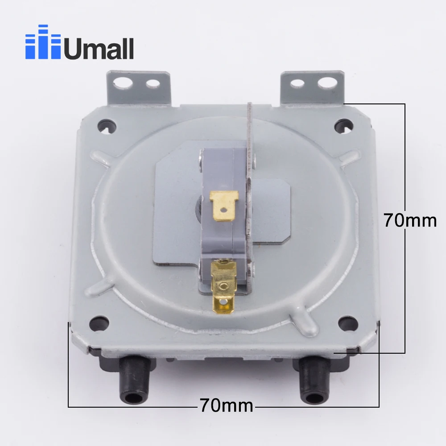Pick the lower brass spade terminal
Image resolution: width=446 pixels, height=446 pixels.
(x=222, y=285)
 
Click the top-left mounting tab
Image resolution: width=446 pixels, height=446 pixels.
(x=139, y=87)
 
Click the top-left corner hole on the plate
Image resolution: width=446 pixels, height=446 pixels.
(x=106, y=124)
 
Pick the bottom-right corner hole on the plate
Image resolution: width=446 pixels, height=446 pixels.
(x=348, y=322)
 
